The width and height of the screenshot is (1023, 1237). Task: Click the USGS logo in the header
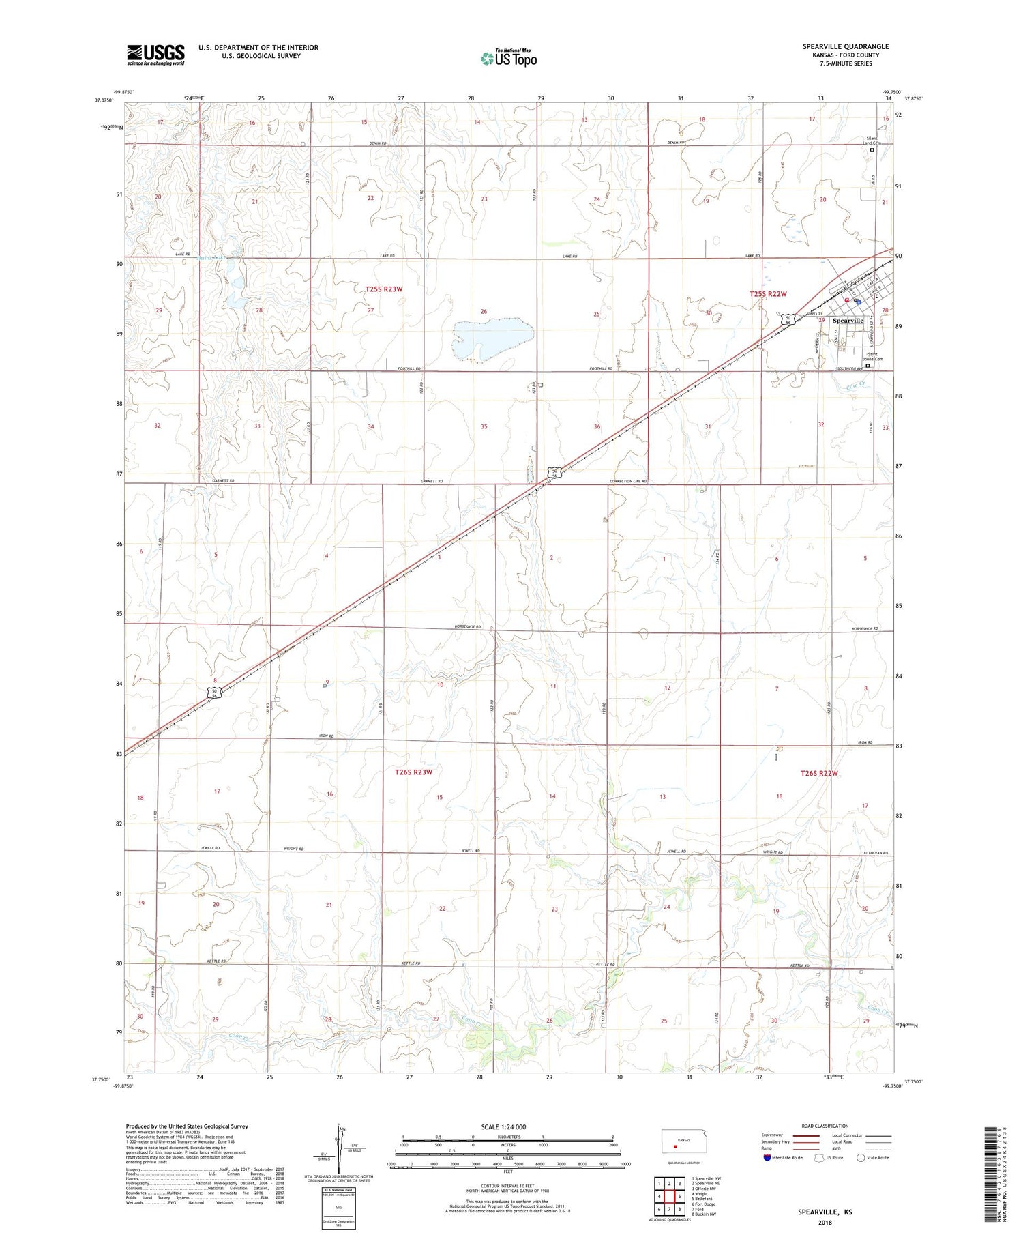[155, 54]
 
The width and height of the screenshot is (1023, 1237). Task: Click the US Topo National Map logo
[509, 58]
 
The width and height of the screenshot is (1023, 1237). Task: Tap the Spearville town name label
[848, 320]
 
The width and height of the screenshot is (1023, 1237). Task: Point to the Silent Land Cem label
[874, 141]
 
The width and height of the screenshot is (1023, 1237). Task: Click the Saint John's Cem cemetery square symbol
[868, 366]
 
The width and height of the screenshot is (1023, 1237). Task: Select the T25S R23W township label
[383, 289]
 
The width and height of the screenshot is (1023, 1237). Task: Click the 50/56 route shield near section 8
[215, 693]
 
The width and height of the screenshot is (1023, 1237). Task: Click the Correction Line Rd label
[628, 481]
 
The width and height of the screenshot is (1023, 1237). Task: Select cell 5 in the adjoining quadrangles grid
[679, 1196]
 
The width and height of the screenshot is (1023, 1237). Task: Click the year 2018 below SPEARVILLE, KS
[825, 1222]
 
